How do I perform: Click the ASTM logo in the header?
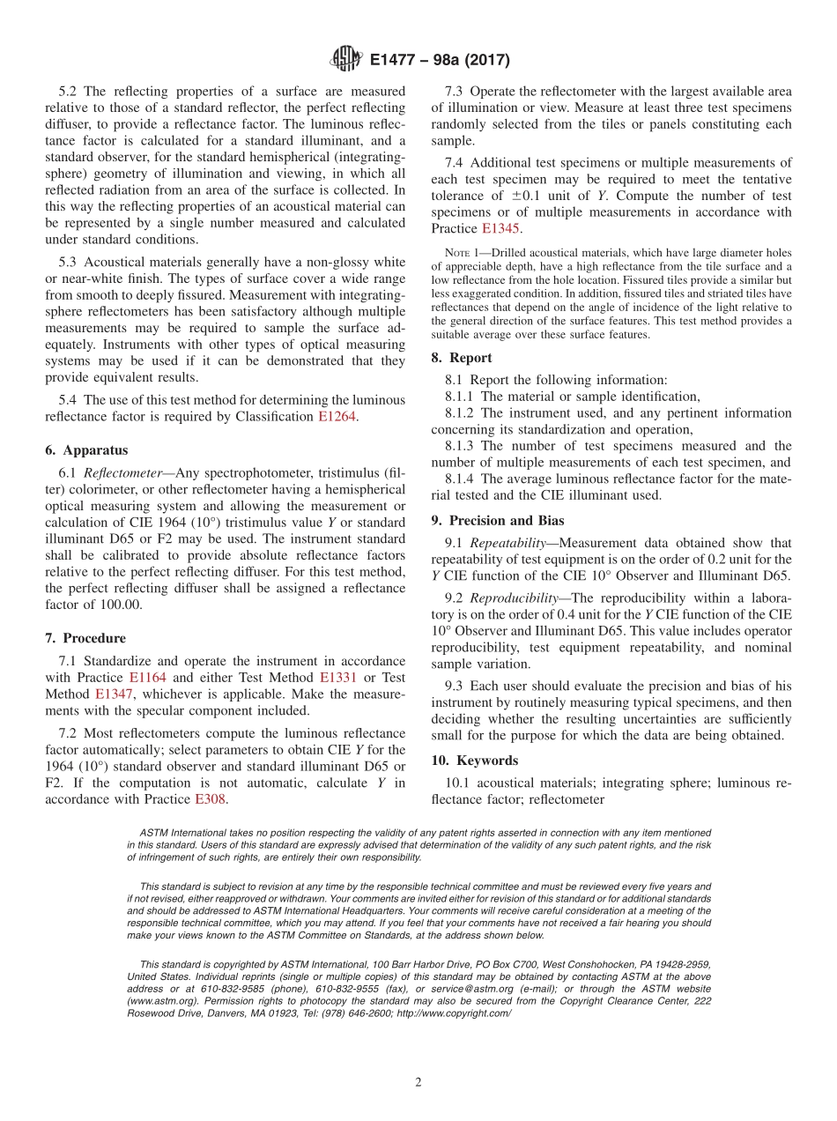[x=345, y=60]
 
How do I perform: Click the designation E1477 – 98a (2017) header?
[x=440, y=61]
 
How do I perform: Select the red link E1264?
[x=337, y=417]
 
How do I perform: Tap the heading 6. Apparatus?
[x=85, y=450]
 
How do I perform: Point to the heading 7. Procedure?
[x=85, y=638]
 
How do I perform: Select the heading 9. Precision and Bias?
[x=497, y=521]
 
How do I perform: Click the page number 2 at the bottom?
[x=418, y=1083]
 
